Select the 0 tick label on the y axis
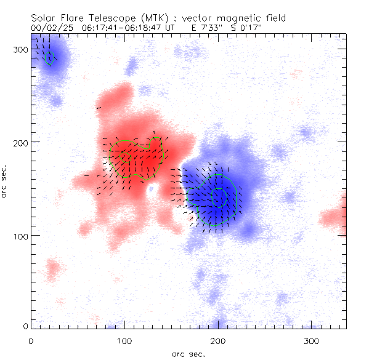coord(25,326)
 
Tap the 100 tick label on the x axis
coord(124,341)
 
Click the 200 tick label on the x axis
coord(218,341)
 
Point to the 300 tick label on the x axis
coord(312,341)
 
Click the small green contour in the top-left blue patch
coord(49,58)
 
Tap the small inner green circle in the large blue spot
coord(219,197)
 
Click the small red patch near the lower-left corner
coord(52,268)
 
